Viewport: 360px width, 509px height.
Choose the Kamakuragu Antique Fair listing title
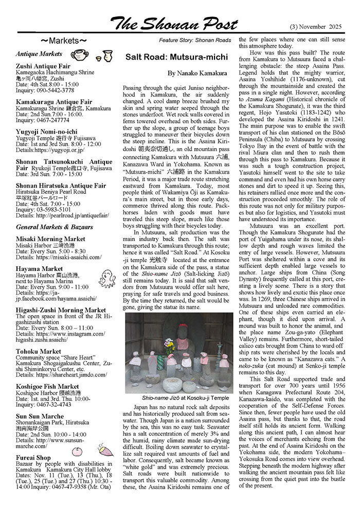coord(54,102)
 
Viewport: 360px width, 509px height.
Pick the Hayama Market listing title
coord(39,268)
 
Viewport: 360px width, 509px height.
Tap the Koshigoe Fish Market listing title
coord(47,386)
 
